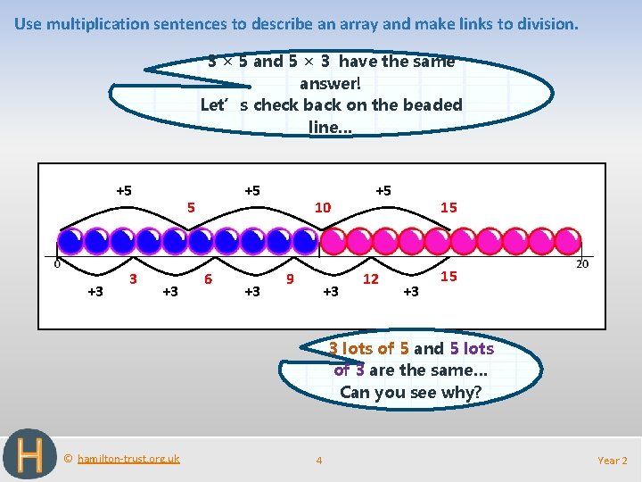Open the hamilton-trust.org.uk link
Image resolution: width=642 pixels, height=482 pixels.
tap(128, 459)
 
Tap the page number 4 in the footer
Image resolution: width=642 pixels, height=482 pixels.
tap(319, 461)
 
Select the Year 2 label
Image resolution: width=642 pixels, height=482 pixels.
tap(612, 461)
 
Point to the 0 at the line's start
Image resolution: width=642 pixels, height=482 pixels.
tap(56, 263)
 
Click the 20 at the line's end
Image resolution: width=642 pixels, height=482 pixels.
tap(581, 263)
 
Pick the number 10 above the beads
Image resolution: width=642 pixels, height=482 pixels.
tap(323, 207)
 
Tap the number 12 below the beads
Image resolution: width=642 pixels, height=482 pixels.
tap(370, 279)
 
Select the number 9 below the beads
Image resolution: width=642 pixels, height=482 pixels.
tap(290, 278)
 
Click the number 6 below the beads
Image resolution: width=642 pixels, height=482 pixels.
tap(208, 278)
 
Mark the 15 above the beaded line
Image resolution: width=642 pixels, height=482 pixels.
tap(449, 207)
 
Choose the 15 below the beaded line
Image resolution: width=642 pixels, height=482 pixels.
tap(449, 277)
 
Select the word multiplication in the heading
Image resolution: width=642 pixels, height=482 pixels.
tap(100, 24)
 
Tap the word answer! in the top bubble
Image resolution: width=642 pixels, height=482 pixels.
tap(331, 83)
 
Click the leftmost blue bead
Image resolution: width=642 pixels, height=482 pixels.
tap(69, 241)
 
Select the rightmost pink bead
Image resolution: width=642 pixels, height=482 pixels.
tap(568, 241)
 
